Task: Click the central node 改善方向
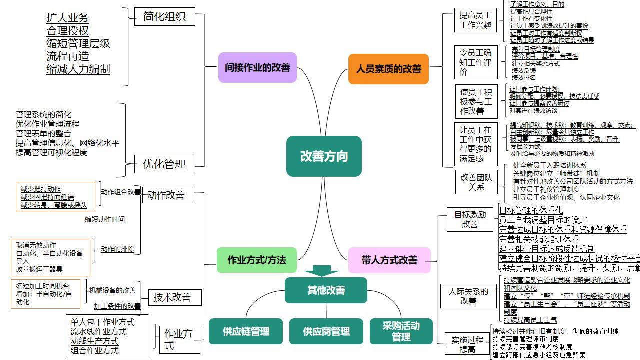(324, 156)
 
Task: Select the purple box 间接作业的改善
(257, 67)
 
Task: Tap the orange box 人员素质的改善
(388, 69)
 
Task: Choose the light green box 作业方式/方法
(256, 260)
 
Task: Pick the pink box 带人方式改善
(389, 260)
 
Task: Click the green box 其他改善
(326, 290)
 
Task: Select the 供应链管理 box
(246, 331)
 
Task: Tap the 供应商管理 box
(326, 331)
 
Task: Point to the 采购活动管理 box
(401, 331)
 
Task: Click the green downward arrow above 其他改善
(321, 271)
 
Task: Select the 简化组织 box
(164, 16)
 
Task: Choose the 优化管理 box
(164, 164)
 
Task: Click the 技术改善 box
(172, 297)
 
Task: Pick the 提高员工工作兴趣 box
(475, 20)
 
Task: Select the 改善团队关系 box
(476, 182)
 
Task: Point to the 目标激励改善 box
(470, 219)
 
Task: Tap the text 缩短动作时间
(105, 219)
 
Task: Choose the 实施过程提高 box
(467, 344)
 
